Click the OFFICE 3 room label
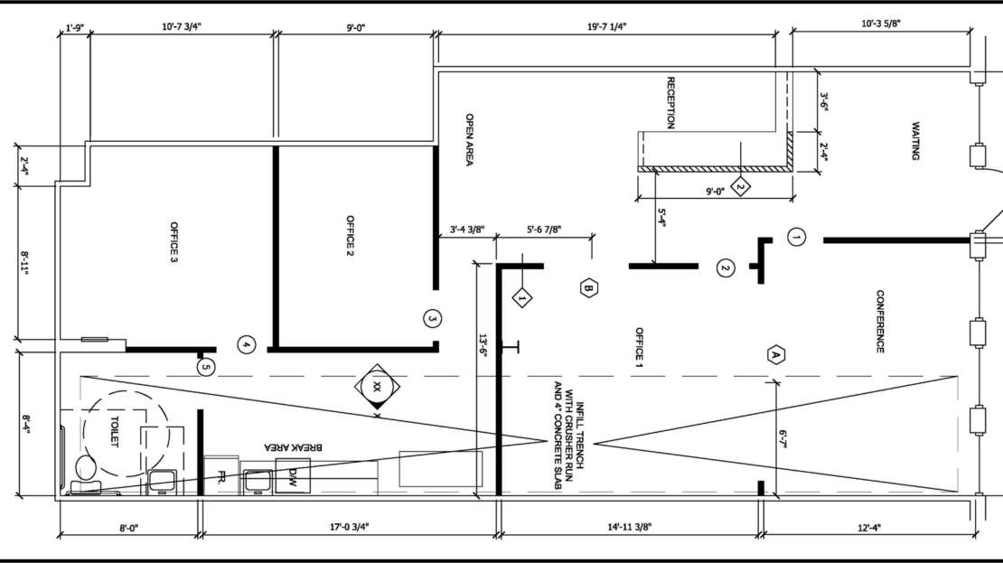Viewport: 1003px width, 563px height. (174, 242)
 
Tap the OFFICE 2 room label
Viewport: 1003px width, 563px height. (350, 236)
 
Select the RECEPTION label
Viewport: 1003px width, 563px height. (670, 103)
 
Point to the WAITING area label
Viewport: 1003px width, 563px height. (915, 141)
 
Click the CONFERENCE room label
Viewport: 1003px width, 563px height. (880, 321)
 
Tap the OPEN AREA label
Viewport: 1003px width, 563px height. (470, 140)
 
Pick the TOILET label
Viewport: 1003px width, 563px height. (115, 432)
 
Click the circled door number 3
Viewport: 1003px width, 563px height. (432, 318)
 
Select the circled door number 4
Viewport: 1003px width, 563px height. (247, 345)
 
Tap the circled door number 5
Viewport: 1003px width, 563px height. (205, 367)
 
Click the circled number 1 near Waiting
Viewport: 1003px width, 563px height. (796, 238)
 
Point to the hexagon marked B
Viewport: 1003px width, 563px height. (589, 288)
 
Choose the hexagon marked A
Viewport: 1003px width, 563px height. (776, 354)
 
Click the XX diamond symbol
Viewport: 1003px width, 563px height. (378, 387)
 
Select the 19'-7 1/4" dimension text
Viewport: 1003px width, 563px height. (606, 27)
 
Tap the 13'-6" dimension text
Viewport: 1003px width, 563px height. (483, 346)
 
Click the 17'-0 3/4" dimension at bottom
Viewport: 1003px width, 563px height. (350, 527)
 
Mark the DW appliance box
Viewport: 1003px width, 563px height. (293, 476)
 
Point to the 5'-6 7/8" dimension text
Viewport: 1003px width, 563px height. (544, 229)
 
